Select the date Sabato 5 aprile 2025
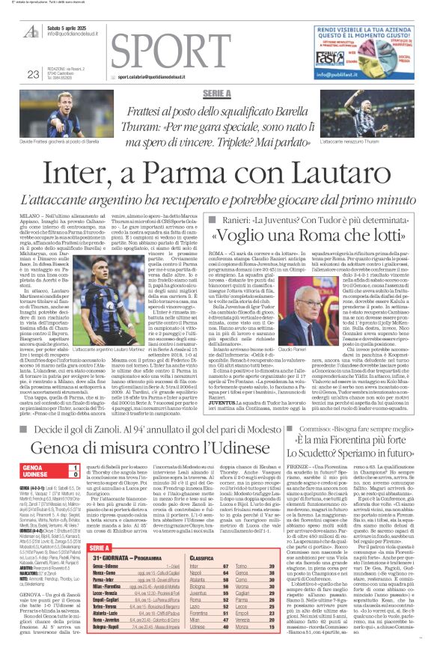coord(73,28)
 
